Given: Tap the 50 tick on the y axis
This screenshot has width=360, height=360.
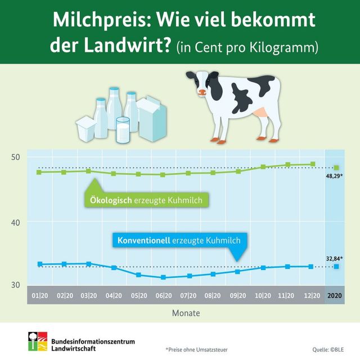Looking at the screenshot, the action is coord(16,157).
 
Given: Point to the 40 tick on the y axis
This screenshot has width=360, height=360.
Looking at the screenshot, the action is coord(16,223).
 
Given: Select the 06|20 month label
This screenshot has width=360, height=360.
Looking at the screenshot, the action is coord(164,295).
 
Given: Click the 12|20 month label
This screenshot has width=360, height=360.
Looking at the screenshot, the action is coord(312,295).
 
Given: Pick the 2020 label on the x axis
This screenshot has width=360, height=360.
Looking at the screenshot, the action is coord(335,295).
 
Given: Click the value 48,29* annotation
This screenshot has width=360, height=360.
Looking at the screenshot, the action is coord(334,176).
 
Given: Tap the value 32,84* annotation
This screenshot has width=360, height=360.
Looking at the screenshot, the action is coord(334,259).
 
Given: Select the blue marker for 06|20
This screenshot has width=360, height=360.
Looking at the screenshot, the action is coord(163,277).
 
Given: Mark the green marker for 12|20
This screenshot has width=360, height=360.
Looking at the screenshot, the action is coord(313,164).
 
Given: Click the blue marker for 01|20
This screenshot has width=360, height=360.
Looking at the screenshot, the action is coord(40,264).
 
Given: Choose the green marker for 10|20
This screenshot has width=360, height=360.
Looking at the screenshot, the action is coord(263,166).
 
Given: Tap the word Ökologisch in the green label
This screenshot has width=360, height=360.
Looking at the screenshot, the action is coord(111,200).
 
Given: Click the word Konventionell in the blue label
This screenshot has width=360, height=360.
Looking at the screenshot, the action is coord(144,240).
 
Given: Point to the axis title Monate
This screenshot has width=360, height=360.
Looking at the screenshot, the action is coord(186,313).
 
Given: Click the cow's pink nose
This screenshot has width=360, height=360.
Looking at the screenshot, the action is coord(202,92).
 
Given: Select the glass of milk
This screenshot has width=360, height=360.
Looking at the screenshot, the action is coord(123,130).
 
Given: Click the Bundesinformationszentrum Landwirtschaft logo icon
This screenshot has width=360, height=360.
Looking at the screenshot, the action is coord(38,341).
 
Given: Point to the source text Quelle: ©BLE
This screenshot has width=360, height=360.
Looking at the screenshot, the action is coord(328,350).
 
